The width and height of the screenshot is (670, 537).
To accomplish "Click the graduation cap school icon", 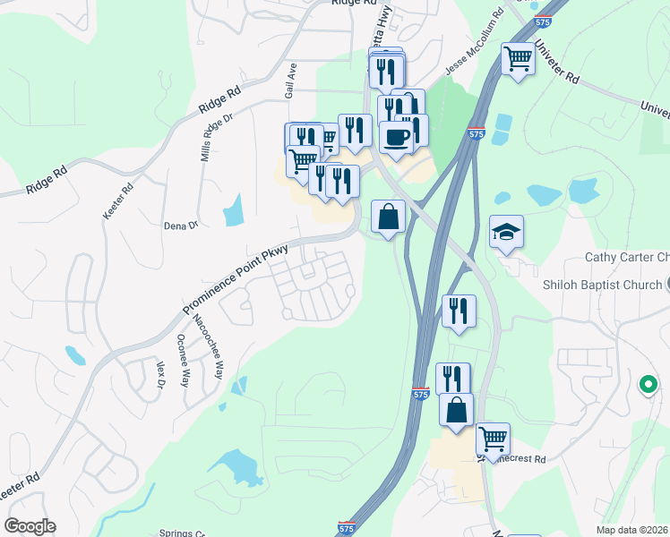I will tap(506, 232).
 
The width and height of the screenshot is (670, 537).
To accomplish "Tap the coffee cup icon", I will tap(395, 137).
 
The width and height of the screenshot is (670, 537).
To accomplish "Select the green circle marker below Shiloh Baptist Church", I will tap(648, 385).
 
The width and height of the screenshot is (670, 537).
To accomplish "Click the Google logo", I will tap(30, 526).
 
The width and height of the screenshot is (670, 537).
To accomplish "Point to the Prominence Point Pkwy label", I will tap(236, 280).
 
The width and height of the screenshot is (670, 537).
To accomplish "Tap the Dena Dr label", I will tap(180, 226).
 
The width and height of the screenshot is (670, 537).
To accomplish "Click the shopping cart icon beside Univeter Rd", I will tap(518, 59).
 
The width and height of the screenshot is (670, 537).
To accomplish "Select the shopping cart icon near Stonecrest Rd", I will tap(493, 439).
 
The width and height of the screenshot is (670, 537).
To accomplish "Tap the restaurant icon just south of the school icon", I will tap(459, 311).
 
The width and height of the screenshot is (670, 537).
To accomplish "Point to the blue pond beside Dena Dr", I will tap(233, 211).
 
